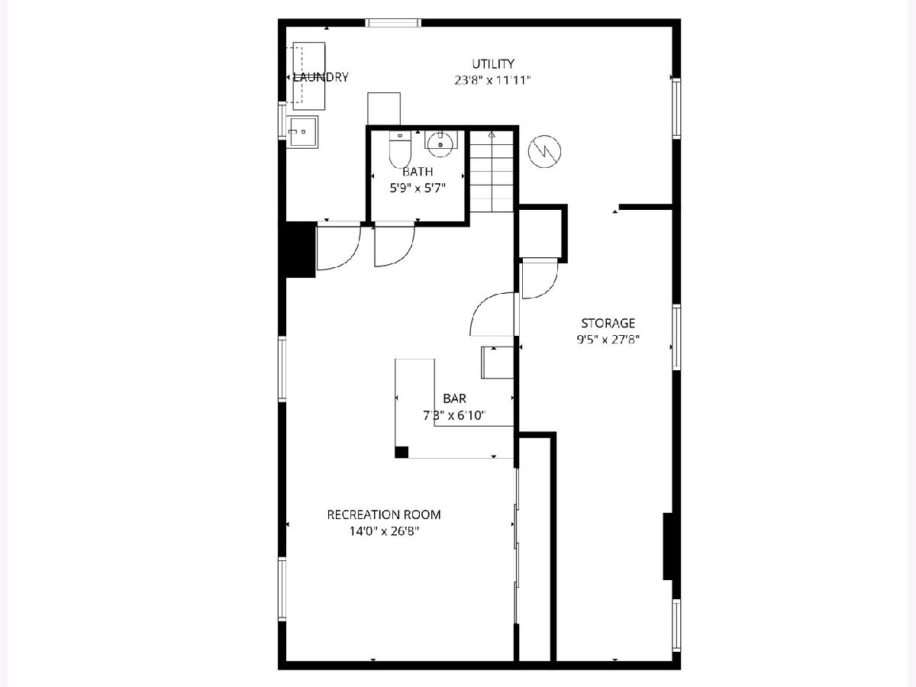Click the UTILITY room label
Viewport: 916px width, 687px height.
click(493, 64)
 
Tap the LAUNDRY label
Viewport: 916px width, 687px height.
click(321, 77)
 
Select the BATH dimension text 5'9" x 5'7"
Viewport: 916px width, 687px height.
click(418, 188)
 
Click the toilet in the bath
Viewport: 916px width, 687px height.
click(400, 149)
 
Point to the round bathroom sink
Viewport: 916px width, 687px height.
click(440, 144)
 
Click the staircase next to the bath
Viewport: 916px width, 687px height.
click(492, 172)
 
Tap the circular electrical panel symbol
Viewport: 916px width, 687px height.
click(544, 151)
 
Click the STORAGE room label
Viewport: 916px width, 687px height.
click(608, 323)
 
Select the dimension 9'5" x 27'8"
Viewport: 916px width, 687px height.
click(608, 340)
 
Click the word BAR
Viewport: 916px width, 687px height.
click(454, 398)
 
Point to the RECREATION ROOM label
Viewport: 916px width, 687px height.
click(384, 514)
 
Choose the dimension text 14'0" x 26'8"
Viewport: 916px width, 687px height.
click(384, 531)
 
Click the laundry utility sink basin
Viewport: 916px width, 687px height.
click(302, 132)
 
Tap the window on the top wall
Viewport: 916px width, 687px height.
click(392, 23)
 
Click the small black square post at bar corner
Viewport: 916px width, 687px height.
click(402, 452)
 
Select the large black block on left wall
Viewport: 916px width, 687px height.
click(298, 250)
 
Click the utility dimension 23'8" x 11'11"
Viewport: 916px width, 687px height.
click(492, 80)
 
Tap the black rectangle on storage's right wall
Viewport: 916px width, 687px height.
click(668, 546)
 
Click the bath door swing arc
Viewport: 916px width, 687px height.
click(402, 257)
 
